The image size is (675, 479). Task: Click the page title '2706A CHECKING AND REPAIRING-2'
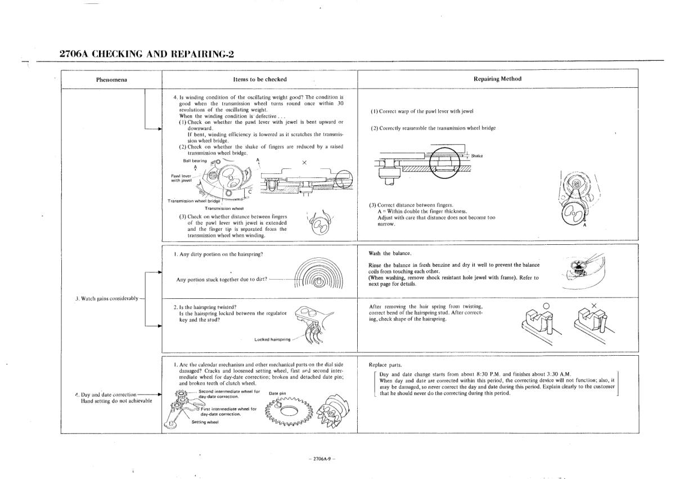(146, 54)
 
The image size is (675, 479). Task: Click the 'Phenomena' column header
(111, 79)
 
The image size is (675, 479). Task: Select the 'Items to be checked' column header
(259, 79)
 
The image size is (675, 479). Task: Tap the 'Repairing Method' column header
(498, 79)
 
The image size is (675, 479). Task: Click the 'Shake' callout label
(477, 156)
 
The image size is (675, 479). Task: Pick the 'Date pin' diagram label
(278, 393)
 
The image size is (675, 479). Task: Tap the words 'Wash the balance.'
(387, 253)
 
